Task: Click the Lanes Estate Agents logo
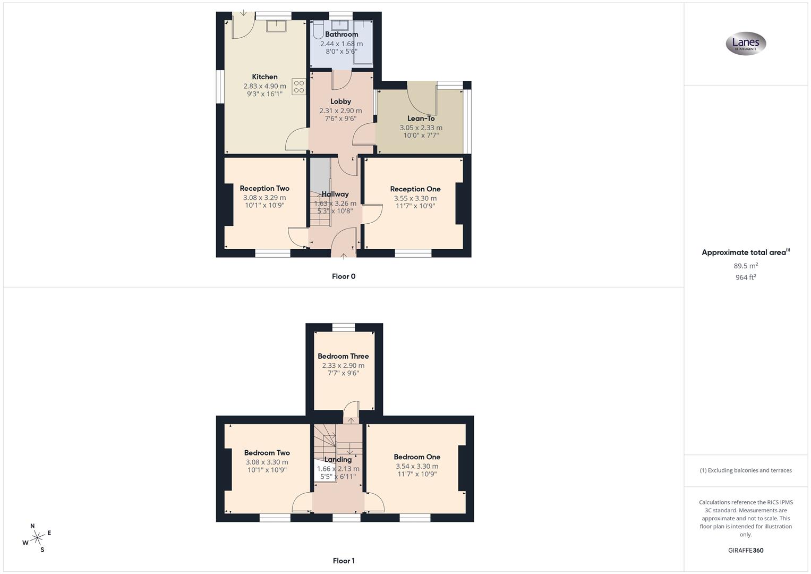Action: [x=746, y=44]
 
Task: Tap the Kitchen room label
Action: [x=264, y=77]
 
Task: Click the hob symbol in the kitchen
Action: [x=298, y=87]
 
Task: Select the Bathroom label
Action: [x=342, y=34]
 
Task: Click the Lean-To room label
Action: [x=421, y=119]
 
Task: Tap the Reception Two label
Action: [x=264, y=188]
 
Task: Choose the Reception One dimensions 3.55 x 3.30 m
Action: [x=415, y=198]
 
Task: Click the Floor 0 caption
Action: [x=344, y=276]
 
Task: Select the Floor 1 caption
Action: [x=344, y=561]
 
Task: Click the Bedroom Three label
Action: [x=343, y=356]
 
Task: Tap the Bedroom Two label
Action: [x=267, y=453]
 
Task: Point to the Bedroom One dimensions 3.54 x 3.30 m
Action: [x=417, y=466]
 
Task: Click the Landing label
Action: [x=338, y=460]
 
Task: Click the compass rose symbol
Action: [x=37, y=538]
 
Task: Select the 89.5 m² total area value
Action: [x=746, y=266]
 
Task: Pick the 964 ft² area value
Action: [x=746, y=277]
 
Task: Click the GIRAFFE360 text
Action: [x=746, y=551]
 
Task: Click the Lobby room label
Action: [x=340, y=101]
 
